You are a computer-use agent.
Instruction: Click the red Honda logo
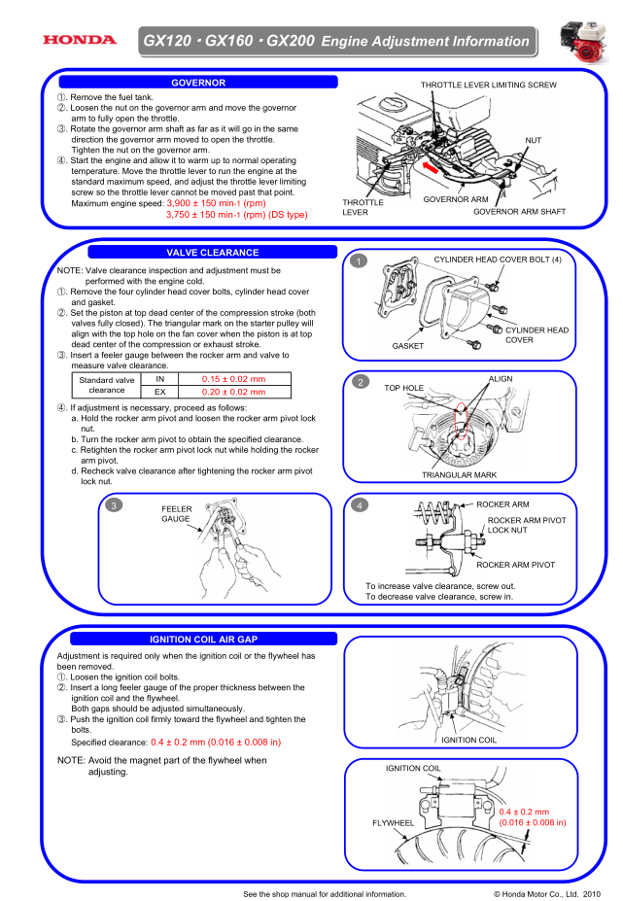click(79, 40)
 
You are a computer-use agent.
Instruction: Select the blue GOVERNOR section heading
click(198, 83)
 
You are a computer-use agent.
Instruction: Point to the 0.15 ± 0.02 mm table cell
click(232, 378)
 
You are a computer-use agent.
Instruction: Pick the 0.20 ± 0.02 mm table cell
click(232, 392)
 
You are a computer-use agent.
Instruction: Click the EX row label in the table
click(160, 392)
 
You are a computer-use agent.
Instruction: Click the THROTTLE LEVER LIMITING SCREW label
click(488, 86)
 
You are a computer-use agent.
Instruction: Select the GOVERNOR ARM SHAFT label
click(519, 211)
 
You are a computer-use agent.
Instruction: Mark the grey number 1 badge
click(360, 260)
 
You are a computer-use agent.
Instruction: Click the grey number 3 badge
click(116, 505)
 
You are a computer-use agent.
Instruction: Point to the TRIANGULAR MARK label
click(459, 475)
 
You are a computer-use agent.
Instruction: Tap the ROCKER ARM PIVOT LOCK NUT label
click(526, 526)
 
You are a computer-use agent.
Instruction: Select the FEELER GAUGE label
click(177, 513)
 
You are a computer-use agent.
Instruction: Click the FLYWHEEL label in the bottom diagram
click(394, 822)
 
